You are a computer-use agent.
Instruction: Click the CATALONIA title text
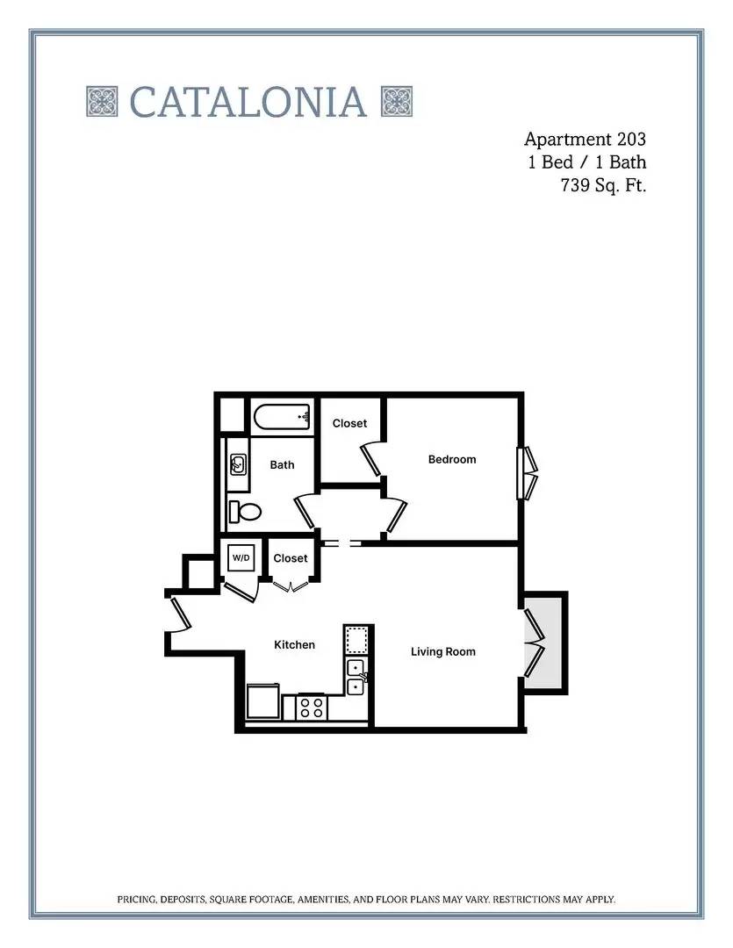[x=248, y=102]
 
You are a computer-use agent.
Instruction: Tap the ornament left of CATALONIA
[x=102, y=102]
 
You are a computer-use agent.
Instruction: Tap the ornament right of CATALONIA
[x=397, y=102]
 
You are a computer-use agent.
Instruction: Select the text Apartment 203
[x=585, y=139]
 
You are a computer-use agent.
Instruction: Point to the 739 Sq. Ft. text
[x=604, y=185]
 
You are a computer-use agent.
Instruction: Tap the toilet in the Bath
[x=244, y=512]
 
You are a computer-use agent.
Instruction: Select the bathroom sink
[x=238, y=465]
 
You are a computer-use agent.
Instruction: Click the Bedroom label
[x=452, y=459]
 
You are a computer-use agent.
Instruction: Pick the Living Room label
[x=442, y=651]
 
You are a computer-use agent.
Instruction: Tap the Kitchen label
[x=295, y=645]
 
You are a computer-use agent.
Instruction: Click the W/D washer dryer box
[x=241, y=557]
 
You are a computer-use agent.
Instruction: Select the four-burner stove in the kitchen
[x=311, y=707]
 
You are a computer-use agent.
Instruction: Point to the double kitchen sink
[x=356, y=677]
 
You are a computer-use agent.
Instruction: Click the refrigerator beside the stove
[x=263, y=700]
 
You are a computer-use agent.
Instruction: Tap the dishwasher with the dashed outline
[x=356, y=640]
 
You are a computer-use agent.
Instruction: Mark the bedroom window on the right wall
[x=526, y=473]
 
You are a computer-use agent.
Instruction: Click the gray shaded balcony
[x=543, y=643]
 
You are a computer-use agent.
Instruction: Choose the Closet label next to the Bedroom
[x=349, y=424]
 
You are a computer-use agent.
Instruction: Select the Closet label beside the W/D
[x=291, y=558]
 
